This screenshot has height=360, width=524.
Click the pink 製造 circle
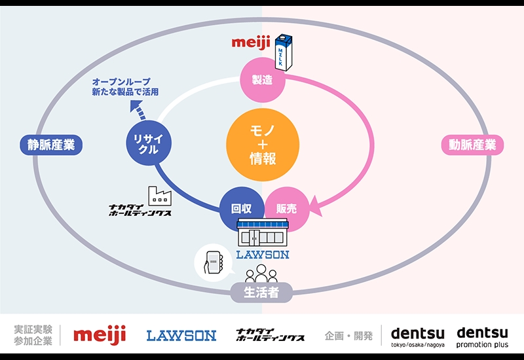pos(263,80)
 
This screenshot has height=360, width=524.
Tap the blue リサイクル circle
pos(149,143)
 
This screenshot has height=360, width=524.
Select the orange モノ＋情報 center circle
pos(263,145)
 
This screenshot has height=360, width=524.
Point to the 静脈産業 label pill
pos(51,145)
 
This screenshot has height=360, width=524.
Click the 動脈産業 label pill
pos(472,145)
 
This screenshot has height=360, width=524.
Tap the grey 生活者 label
pos(261,292)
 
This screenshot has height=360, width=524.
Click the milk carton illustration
pos(284,52)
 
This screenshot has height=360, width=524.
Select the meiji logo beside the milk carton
pos(251,43)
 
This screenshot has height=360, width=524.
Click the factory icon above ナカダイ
pos(160,195)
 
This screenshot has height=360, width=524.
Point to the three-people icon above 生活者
pos(261,274)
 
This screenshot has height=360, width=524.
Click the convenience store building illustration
pos(263,233)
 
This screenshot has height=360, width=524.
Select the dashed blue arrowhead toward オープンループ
pos(136,108)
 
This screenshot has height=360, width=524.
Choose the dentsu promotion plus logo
pos(482,337)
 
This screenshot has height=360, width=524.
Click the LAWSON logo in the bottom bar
pos(181,336)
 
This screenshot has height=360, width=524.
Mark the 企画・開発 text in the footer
pos(348,336)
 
